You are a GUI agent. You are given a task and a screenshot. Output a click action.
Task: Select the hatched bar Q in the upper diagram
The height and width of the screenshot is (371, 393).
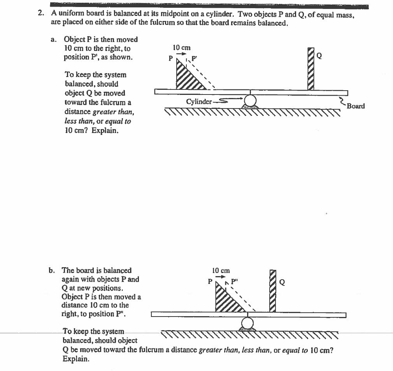311,69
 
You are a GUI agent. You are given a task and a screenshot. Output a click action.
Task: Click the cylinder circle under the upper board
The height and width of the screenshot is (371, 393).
250,100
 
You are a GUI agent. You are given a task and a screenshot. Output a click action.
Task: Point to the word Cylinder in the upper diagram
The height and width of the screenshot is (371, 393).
198,102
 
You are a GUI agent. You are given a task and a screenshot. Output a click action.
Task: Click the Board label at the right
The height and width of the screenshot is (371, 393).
356,106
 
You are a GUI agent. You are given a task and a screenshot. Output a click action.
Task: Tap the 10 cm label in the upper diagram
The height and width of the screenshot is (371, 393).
181,47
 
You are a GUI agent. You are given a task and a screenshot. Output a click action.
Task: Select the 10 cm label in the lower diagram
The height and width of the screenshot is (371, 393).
221,270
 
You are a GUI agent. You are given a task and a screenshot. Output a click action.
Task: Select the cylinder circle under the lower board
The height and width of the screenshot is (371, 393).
247,323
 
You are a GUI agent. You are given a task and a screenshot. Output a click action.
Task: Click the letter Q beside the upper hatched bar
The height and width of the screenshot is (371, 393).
319,56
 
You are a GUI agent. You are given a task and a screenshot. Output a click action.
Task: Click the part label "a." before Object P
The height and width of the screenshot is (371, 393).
54,39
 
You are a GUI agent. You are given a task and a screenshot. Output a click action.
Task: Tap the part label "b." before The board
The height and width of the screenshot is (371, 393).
52,270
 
